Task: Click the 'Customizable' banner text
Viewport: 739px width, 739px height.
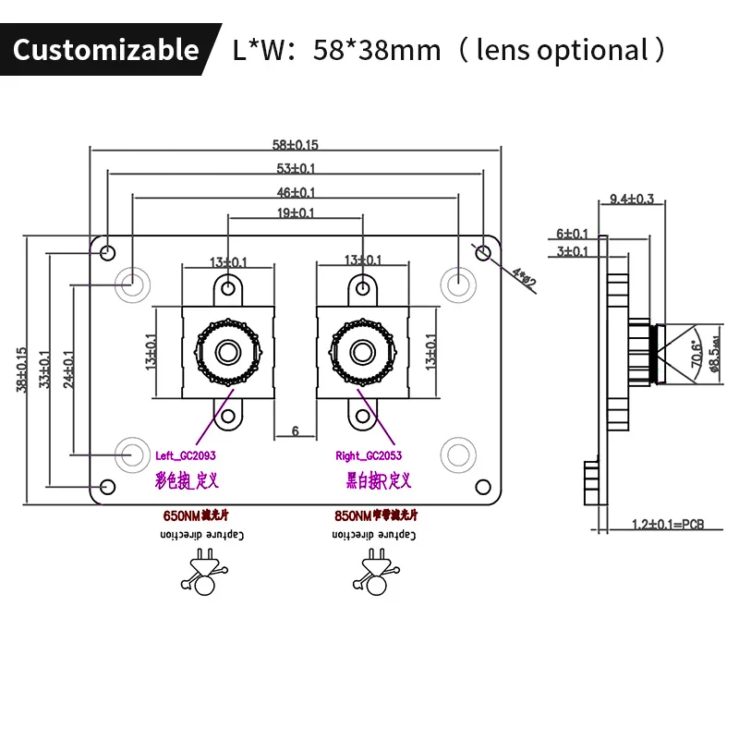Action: pos(105,49)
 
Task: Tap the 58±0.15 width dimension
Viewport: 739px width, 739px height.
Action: pos(296,144)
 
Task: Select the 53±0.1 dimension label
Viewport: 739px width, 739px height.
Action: pos(296,168)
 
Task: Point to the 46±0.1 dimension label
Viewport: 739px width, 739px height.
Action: pos(296,192)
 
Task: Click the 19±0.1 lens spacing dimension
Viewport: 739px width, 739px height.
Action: pos(296,213)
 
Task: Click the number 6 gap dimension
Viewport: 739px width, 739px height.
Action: pos(296,430)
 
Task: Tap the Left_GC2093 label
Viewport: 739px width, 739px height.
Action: pos(186,455)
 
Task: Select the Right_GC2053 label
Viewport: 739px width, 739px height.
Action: pos(369,455)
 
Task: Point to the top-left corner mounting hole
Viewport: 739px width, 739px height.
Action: pos(108,251)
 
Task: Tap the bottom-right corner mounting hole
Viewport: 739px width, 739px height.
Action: pos(481,486)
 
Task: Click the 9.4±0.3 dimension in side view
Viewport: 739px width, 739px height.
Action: pos(632,199)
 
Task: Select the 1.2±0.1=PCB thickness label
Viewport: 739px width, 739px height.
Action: pos(667,524)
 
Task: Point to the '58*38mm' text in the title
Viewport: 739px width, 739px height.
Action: pos(377,49)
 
